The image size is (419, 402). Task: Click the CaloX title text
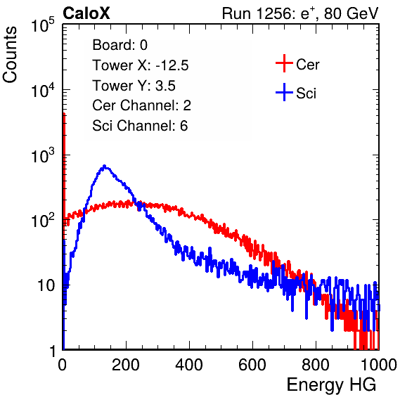click(86, 13)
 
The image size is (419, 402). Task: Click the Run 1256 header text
click(300, 13)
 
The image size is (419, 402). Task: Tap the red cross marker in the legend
click(284, 63)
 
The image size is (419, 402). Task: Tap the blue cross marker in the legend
click(284, 92)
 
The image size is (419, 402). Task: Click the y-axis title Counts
click(10, 55)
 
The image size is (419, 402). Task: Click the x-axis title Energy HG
click(331, 384)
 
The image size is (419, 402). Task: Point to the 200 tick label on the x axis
click(126, 365)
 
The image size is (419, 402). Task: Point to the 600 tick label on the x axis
click(252, 365)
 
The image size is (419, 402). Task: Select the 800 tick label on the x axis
click(316, 365)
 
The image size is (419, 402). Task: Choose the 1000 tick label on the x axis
click(379, 365)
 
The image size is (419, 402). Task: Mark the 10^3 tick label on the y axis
click(43, 155)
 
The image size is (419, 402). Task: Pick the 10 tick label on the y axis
click(46, 285)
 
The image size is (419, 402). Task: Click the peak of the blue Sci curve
click(105, 166)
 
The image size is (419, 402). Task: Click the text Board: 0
click(120, 45)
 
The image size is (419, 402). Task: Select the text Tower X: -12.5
click(141, 65)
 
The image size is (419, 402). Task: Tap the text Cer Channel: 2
click(141, 105)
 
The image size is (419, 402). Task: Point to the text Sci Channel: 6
click(140, 126)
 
